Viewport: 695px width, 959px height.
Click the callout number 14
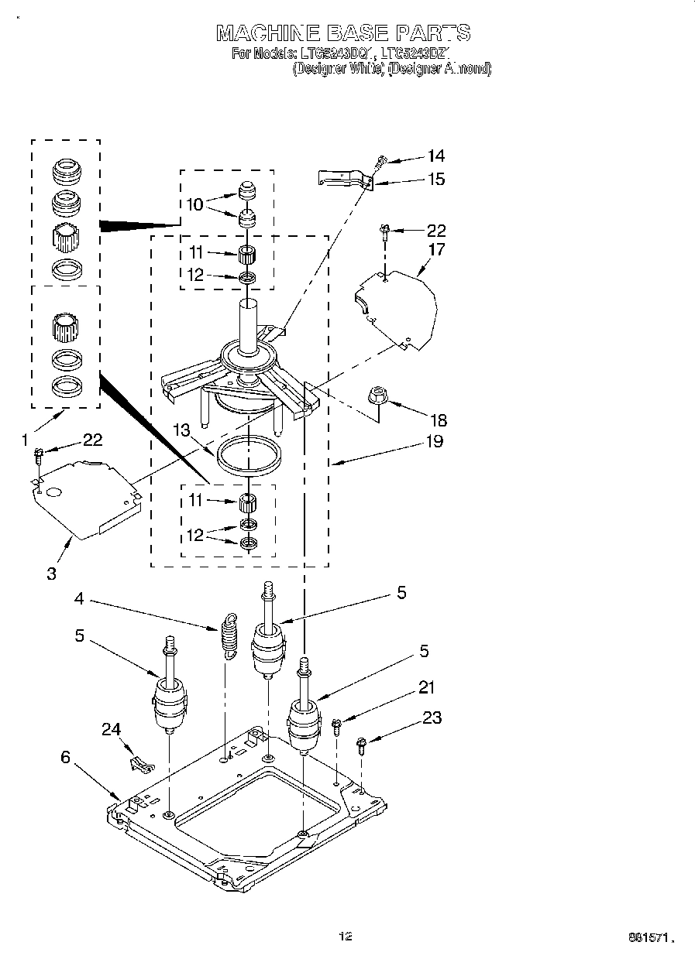(x=435, y=156)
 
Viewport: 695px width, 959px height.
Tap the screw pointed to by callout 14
(x=380, y=163)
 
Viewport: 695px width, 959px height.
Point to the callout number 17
(x=436, y=250)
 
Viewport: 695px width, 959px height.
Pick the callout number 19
(x=434, y=442)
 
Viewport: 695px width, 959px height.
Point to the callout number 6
(x=65, y=757)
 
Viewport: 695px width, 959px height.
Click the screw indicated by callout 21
(x=336, y=725)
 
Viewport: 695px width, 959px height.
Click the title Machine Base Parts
(x=342, y=33)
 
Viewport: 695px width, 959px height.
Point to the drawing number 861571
(x=648, y=938)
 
